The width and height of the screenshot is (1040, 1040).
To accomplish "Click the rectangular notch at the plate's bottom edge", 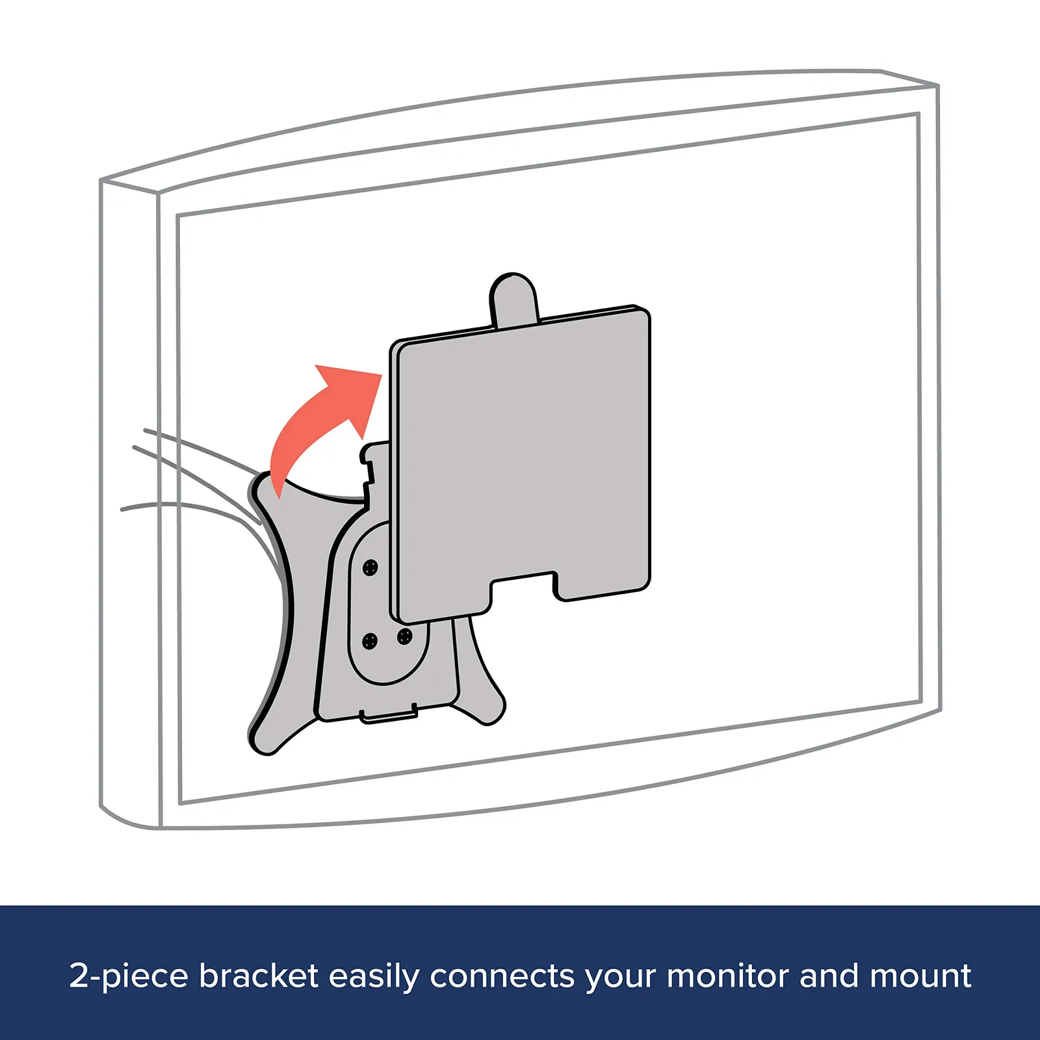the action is click(x=523, y=588).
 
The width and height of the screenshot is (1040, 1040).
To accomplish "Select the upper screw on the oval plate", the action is click(x=370, y=567).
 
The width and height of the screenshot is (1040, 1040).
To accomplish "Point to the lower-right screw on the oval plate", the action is click(x=404, y=636).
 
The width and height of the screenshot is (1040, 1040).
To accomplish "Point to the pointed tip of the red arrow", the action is click(x=381, y=374).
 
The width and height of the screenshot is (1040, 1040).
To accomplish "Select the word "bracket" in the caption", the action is click(x=259, y=976).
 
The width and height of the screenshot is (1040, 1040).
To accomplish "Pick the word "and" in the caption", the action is click(x=830, y=976).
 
